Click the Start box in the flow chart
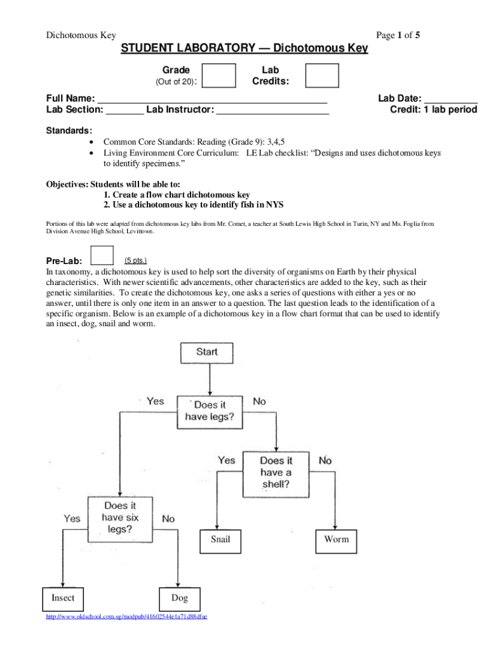coord(207,352)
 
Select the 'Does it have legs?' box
coord(209,411)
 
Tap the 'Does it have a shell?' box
coord(276,473)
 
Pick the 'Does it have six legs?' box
coord(120,517)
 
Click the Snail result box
coord(220,540)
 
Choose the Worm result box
coord(336,540)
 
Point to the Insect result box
coord(62,599)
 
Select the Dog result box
coord(179,599)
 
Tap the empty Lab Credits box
coord(322,76)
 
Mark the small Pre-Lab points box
coord(102,254)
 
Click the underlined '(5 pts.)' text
coord(136,260)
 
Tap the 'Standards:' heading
coord(68,131)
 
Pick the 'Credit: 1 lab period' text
coord(433,110)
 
